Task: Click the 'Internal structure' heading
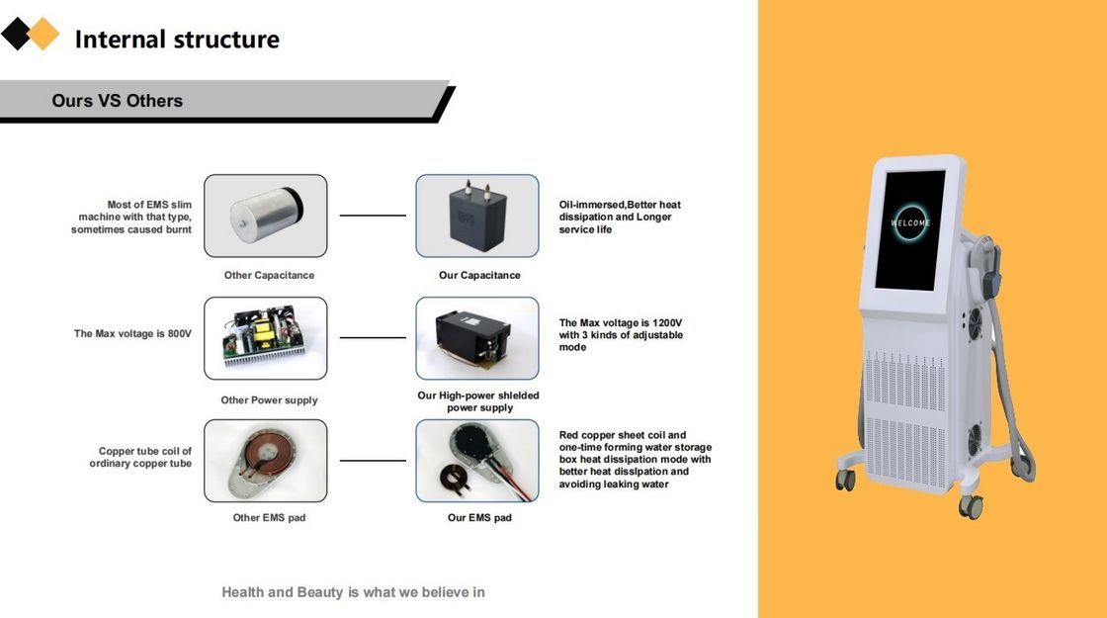pos(177,40)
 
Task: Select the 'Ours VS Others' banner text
pos(117,101)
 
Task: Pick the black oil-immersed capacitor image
pos(476,216)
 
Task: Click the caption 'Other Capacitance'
pos(269,275)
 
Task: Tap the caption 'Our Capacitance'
pos(479,275)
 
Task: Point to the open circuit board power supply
pos(265,338)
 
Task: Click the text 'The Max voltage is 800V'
pos(132,333)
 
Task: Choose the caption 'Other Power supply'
pos(269,400)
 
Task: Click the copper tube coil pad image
pos(265,461)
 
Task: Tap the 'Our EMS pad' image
pos(476,461)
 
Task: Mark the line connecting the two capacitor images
pos(373,216)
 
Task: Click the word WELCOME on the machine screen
pos(910,223)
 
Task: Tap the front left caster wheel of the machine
pos(845,480)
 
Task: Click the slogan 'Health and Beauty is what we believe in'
pos(353,592)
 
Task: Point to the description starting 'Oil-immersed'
pos(620,217)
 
